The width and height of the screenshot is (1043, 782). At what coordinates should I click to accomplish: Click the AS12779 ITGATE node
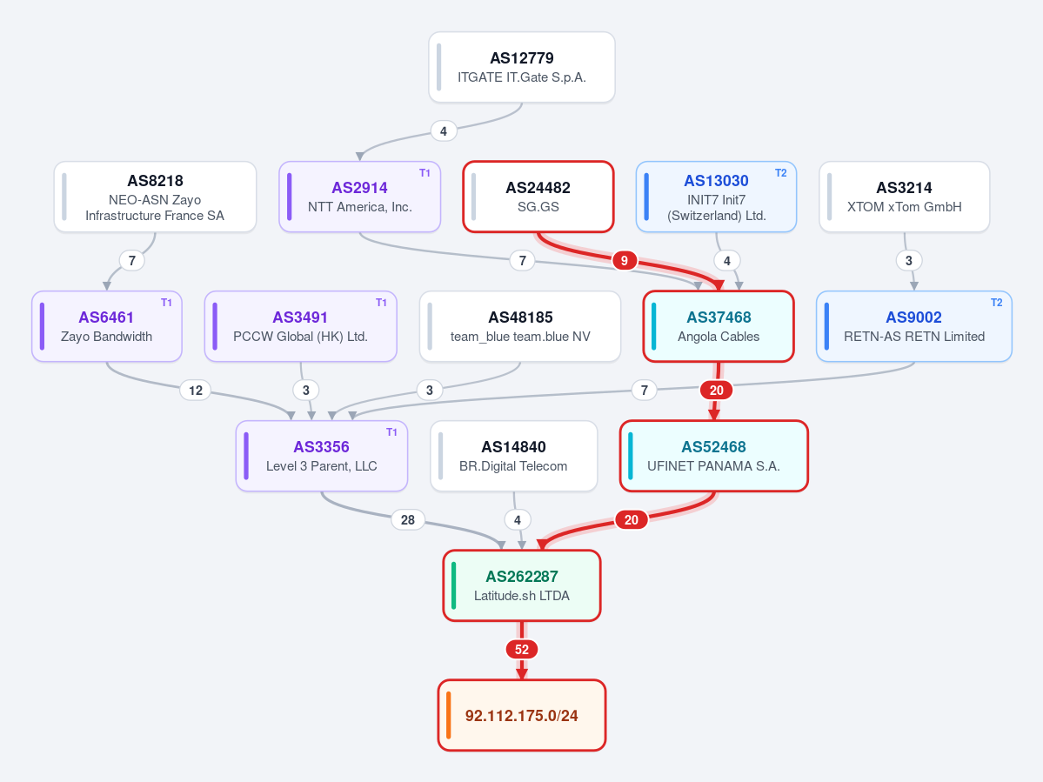coord(522,67)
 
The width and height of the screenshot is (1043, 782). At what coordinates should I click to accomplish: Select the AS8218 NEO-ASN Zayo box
coord(155,197)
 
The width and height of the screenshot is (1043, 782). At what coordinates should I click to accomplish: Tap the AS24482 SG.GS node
coord(538,197)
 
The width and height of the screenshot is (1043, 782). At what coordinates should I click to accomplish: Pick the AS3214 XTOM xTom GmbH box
coord(904,197)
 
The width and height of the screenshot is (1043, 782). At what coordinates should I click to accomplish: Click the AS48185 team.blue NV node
coord(520,326)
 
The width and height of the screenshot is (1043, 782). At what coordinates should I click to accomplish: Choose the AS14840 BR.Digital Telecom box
coord(513,456)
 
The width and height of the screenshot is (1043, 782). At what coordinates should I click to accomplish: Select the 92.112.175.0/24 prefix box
coord(522,716)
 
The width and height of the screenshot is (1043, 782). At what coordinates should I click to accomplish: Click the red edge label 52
coord(522,650)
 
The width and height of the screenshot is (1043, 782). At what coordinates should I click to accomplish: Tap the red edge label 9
coord(624,261)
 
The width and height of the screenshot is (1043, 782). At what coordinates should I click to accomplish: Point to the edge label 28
coord(408,520)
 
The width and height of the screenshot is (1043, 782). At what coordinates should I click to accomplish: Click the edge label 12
coord(196,391)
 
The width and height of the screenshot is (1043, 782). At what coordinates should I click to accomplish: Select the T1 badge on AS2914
coord(425,173)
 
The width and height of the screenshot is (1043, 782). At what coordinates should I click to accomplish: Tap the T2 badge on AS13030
coord(781,173)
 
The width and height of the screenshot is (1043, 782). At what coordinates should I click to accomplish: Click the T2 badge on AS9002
coord(996,303)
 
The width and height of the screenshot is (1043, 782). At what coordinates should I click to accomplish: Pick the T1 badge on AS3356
coord(391,432)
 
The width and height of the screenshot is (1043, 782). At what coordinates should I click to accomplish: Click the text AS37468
coord(719,317)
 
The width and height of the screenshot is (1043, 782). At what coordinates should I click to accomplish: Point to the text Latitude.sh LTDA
coord(522,596)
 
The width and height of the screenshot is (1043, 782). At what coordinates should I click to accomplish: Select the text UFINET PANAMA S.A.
coord(713,466)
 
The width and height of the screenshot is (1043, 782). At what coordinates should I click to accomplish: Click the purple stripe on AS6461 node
coord(42,326)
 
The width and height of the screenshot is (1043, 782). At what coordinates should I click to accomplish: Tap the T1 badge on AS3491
coord(381,303)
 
